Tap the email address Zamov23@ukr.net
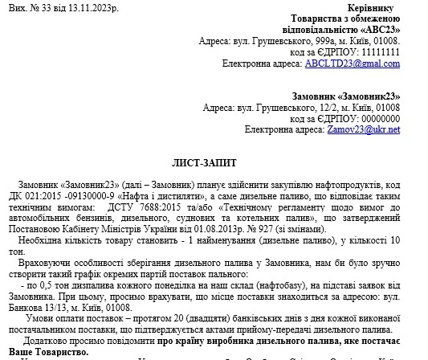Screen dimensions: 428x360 tap(370, 129)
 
